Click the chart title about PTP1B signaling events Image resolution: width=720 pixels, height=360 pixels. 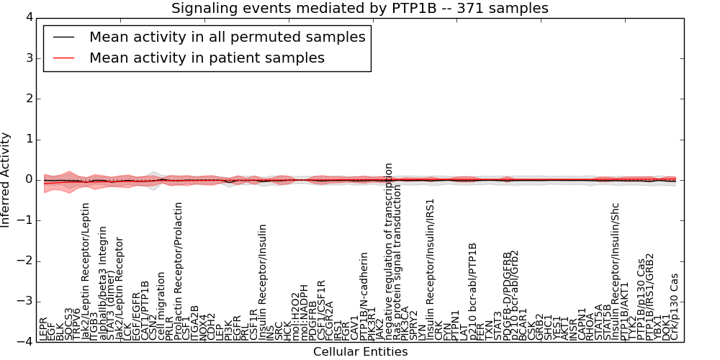point(359,8)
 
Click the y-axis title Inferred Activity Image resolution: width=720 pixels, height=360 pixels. point(6,179)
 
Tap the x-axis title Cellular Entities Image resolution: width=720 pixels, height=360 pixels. point(360,352)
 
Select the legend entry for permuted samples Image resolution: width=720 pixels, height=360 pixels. point(227,37)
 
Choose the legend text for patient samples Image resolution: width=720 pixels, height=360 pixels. point(207,58)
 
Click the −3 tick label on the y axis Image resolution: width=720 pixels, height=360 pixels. point(29,302)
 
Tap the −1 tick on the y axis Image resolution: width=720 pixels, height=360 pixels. point(29,220)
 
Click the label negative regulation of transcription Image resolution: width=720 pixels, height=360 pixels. point(389,251)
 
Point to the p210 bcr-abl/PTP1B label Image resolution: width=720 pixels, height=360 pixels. point(473,291)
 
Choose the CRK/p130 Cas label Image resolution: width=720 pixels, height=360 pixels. point(675,306)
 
